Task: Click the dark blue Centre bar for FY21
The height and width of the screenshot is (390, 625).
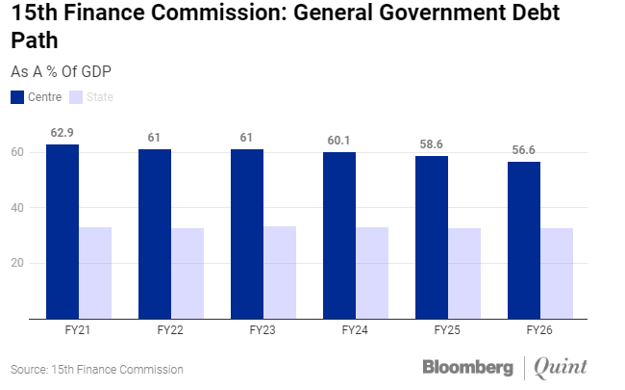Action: (x=62, y=231)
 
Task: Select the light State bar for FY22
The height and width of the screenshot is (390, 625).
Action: (x=187, y=273)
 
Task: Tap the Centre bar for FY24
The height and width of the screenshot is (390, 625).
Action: (x=338, y=235)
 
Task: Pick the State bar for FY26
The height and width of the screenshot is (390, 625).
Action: (x=557, y=273)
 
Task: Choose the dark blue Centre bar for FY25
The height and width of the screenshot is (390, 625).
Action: (x=431, y=237)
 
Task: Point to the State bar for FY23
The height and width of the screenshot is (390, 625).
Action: (x=280, y=272)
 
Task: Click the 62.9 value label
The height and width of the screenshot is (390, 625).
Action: (x=62, y=132)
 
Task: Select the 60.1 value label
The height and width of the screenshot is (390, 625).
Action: (x=338, y=141)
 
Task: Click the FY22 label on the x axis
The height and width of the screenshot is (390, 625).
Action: (x=170, y=329)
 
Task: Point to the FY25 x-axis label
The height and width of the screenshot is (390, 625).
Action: (x=447, y=329)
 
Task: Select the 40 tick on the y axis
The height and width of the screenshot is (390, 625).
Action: (x=17, y=207)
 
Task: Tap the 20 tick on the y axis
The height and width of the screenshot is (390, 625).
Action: (x=17, y=263)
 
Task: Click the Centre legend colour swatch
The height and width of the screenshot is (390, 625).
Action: (x=18, y=96)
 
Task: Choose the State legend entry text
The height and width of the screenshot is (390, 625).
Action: (x=99, y=96)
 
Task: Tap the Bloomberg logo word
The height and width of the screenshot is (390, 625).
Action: (x=467, y=367)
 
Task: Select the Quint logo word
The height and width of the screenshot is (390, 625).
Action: (x=560, y=367)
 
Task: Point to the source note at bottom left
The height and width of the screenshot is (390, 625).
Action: (x=96, y=370)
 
